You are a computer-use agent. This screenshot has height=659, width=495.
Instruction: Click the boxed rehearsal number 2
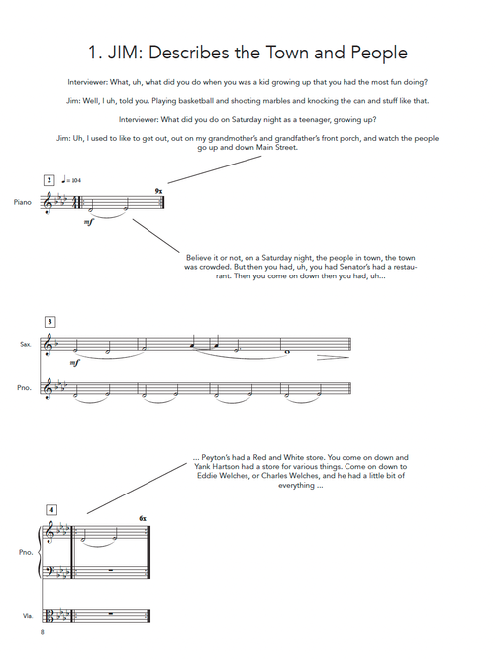pyautogui.click(x=49, y=180)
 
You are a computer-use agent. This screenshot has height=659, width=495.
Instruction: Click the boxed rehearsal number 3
pyautogui.click(x=49, y=322)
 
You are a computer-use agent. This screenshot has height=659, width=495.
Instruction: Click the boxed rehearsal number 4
pyautogui.click(x=51, y=510)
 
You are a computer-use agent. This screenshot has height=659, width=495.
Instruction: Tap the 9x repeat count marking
pyautogui.click(x=158, y=191)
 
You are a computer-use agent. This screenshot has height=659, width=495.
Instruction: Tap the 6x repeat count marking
pyautogui.click(x=143, y=519)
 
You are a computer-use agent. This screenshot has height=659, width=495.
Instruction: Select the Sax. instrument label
pyautogui.click(x=26, y=344)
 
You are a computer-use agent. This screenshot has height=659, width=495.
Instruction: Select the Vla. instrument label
pyautogui.click(x=28, y=616)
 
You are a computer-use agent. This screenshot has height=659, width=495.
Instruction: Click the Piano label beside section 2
pyautogui.click(x=22, y=202)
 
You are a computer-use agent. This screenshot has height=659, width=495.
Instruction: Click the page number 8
pyautogui.click(x=42, y=632)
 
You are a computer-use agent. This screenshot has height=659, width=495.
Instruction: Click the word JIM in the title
pyautogui.click(x=125, y=53)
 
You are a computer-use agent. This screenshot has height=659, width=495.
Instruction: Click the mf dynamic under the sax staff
pyautogui.click(x=74, y=363)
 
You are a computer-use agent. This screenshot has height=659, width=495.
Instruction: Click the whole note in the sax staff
pyautogui.click(x=288, y=352)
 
